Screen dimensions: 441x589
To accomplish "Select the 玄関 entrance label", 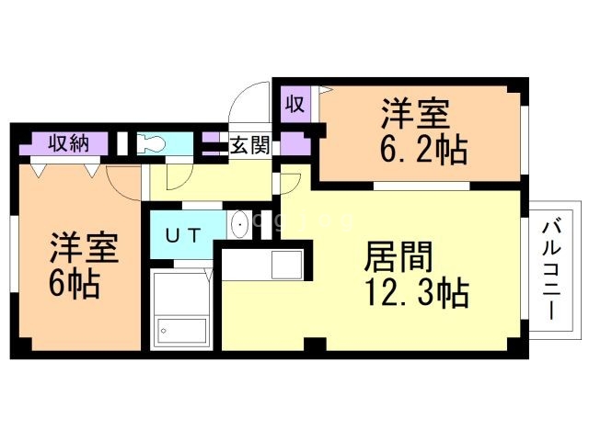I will coord(248,144).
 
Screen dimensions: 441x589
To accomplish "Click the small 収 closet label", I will coord(294,104).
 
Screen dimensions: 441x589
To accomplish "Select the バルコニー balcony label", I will coord(551,267).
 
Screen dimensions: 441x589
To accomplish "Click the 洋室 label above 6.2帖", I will coord(416,115).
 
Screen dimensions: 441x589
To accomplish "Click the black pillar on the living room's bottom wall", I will coord(315,346).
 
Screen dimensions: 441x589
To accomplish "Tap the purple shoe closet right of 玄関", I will coord(293,144).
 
